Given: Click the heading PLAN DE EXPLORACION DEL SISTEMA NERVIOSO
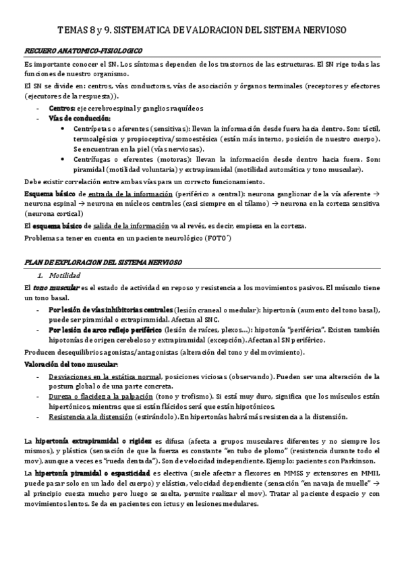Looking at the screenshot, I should (109, 260).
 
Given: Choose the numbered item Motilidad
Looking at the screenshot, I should (69, 275).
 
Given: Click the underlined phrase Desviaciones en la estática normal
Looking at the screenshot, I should (105, 375).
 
